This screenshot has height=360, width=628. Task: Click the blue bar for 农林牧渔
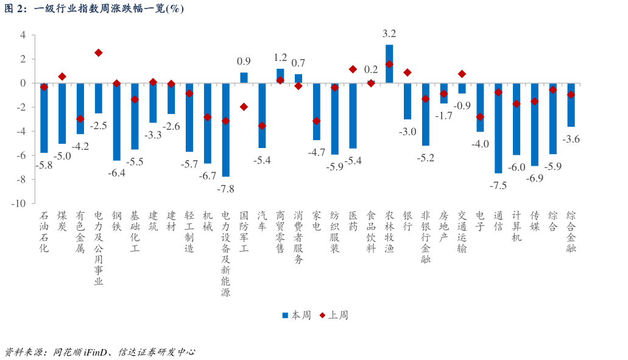[389, 64]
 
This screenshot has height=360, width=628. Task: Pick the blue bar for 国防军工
[244, 77]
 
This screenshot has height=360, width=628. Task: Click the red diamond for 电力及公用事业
[99, 53]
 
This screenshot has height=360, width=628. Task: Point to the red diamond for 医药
[353, 69]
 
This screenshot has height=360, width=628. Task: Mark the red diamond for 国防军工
[244, 107]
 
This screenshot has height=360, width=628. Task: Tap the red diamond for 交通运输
[462, 74]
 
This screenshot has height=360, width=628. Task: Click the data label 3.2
[389, 34]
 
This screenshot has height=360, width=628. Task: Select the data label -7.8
[226, 189]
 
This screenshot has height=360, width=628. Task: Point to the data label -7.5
[498, 186]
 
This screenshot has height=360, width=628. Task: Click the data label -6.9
[534, 178]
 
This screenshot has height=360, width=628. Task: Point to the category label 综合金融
[571, 232]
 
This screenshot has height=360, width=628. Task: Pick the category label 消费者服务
[298, 238]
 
